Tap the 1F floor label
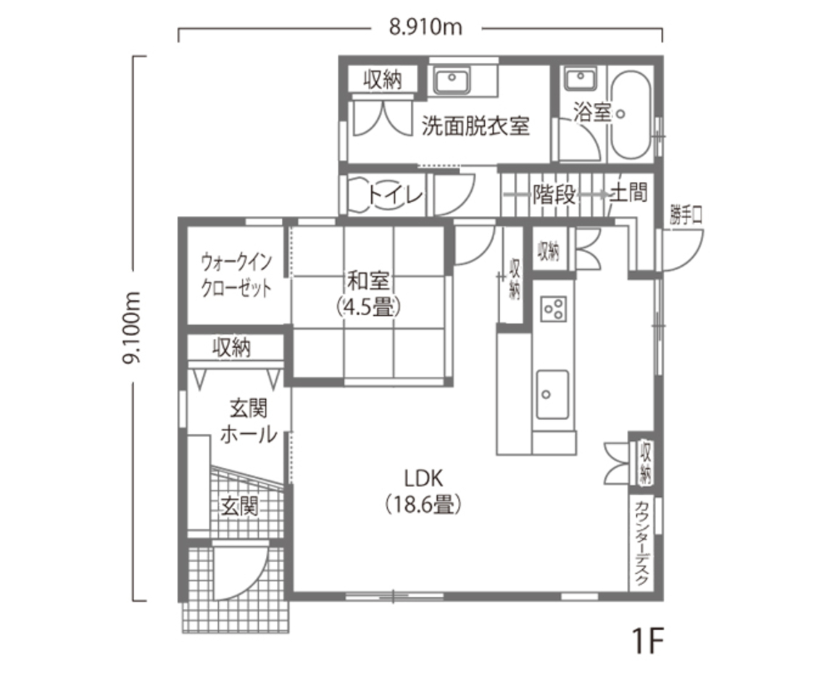pyautogui.click(x=647, y=641)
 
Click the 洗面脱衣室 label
pyautogui.click(x=475, y=127)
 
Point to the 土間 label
pyautogui.click(x=628, y=193)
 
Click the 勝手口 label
pyautogui.click(x=685, y=216)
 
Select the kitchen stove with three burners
pyautogui.click(x=554, y=309)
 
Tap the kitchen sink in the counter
pyautogui.click(x=552, y=394)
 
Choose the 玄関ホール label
pyautogui.click(x=247, y=422)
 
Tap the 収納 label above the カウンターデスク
pyautogui.click(x=644, y=464)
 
